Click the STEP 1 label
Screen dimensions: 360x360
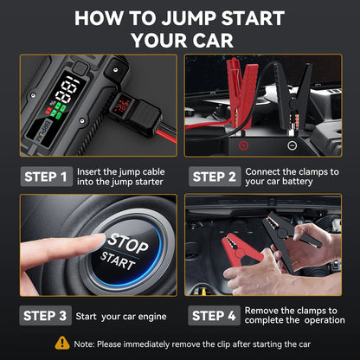[46, 177]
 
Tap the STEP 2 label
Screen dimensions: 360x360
[214, 177]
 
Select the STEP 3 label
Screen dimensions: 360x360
[46, 315]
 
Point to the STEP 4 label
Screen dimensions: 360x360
[214, 315]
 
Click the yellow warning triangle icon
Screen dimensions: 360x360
[61, 343]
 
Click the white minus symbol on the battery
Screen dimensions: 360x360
[291, 146]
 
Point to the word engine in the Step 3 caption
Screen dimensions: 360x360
[132, 315]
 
